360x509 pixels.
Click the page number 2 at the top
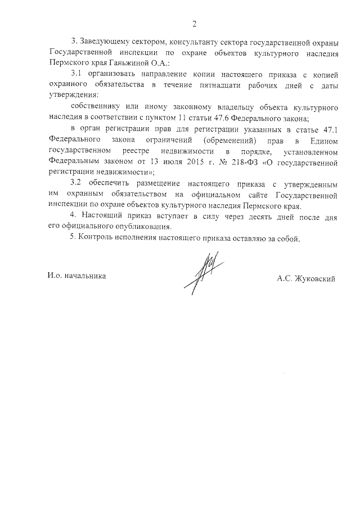[x=194, y=24]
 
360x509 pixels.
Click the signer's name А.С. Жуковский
[x=305, y=278]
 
